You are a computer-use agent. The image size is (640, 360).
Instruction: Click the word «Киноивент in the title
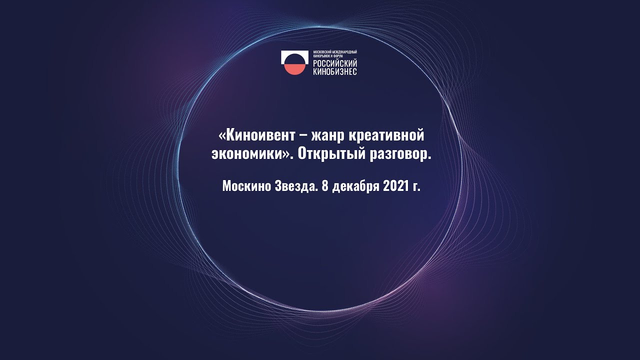pos(256,135)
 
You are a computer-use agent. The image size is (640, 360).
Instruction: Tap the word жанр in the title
pos(327,136)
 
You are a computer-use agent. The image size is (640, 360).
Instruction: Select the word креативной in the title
pos(386,135)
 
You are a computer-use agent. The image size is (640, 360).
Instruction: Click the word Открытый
pos(331,154)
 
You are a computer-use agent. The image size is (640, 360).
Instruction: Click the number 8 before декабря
pos(324,186)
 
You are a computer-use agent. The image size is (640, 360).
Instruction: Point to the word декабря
pos(355,186)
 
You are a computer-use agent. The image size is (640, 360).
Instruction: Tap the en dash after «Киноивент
pos(303,136)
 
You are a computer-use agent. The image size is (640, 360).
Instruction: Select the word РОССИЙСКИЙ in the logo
pos(335,63)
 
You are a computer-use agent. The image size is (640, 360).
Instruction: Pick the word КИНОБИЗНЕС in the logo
pos(335,71)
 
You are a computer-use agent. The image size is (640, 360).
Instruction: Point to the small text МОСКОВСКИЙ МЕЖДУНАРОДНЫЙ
pos(335,52)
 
